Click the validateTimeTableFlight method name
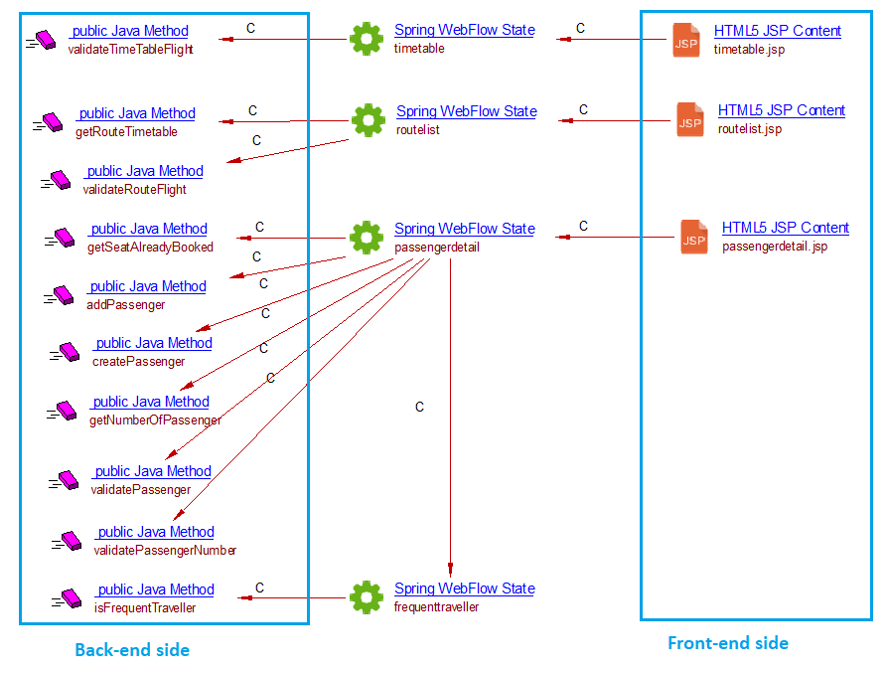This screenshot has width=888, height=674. point(130,49)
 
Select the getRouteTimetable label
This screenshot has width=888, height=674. point(126,131)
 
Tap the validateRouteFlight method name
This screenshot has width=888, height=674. point(134,189)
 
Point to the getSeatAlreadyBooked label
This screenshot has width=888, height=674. point(150,247)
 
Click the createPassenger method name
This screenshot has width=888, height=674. point(138,361)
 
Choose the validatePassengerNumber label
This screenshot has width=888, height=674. point(165,550)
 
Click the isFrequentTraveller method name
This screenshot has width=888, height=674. point(145,607)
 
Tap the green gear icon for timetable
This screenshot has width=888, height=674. point(367,40)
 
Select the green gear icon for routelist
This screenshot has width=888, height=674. point(368,120)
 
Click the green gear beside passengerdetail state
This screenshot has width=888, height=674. point(367,238)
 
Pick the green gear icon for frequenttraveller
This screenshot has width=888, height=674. point(367,596)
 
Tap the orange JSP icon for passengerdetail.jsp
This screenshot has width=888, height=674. point(694,238)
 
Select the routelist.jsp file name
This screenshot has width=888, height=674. point(749,129)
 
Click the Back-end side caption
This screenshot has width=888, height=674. point(132,650)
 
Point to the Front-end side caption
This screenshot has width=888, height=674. point(727,643)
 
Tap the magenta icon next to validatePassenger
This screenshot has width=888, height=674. point(65,480)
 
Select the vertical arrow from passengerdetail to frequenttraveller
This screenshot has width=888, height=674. point(451,418)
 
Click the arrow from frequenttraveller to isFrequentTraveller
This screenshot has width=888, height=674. point(293,598)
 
